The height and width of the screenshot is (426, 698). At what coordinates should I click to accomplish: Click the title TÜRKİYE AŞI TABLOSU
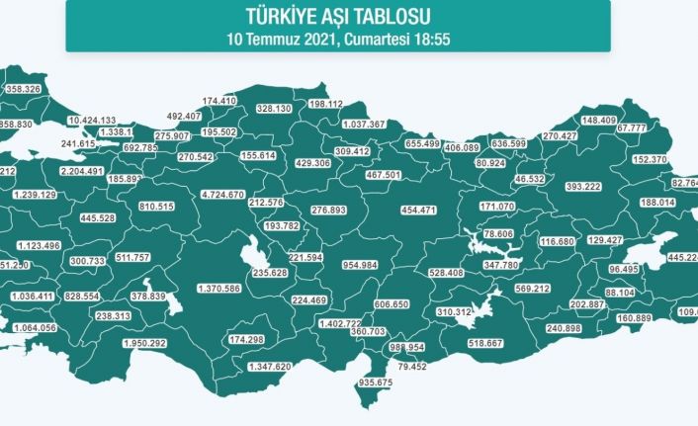click(x=338, y=17)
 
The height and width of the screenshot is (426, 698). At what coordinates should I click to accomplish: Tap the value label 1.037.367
click(x=363, y=125)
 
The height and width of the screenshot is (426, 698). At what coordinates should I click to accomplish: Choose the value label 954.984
click(x=360, y=266)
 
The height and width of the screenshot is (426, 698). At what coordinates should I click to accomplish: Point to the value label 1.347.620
click(x=269, y=366)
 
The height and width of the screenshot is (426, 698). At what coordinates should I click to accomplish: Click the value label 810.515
click(x=156, y=206)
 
